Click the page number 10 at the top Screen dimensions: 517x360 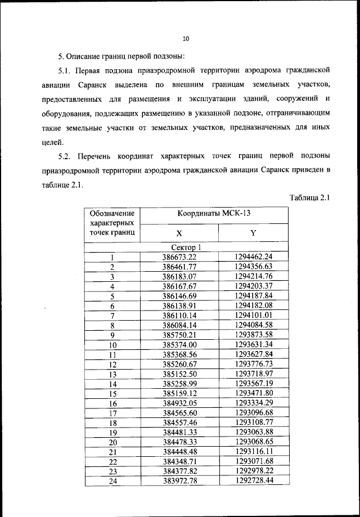tap(186, 39)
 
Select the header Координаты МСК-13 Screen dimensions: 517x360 tap(214, 214)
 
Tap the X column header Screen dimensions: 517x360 tap(179, 233)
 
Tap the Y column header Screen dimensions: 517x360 tap(253, 233)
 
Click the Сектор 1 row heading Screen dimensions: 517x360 tap(186, 247)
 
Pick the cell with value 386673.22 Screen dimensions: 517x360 tap(179, 257)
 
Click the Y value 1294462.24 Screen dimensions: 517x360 tap(254, 257)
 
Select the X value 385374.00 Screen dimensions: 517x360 tap(179, 345)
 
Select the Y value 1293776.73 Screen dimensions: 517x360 tap(254, 365)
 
